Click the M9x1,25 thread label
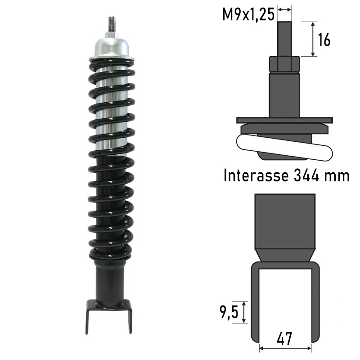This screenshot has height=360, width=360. [x=248, y=14]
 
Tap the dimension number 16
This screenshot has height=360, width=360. [x=324, y=40]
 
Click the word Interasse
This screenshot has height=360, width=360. [x=256, y=175]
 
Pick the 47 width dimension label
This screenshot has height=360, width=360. [x=284, y=338]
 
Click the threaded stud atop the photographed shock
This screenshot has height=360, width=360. [x=112, y=25]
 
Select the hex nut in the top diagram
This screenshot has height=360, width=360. [x=284, y=64]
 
